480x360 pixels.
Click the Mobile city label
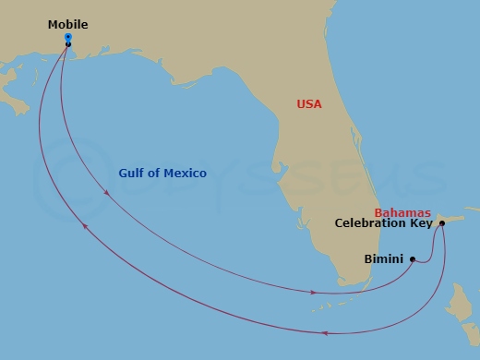68,25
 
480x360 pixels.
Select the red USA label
309,104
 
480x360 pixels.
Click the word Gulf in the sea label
133,174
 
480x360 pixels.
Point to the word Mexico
183,174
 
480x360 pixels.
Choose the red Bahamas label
402,211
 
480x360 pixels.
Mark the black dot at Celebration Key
443,223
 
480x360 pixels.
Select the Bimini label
383,259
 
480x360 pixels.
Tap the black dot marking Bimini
413,259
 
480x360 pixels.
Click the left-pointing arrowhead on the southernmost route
326,332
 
